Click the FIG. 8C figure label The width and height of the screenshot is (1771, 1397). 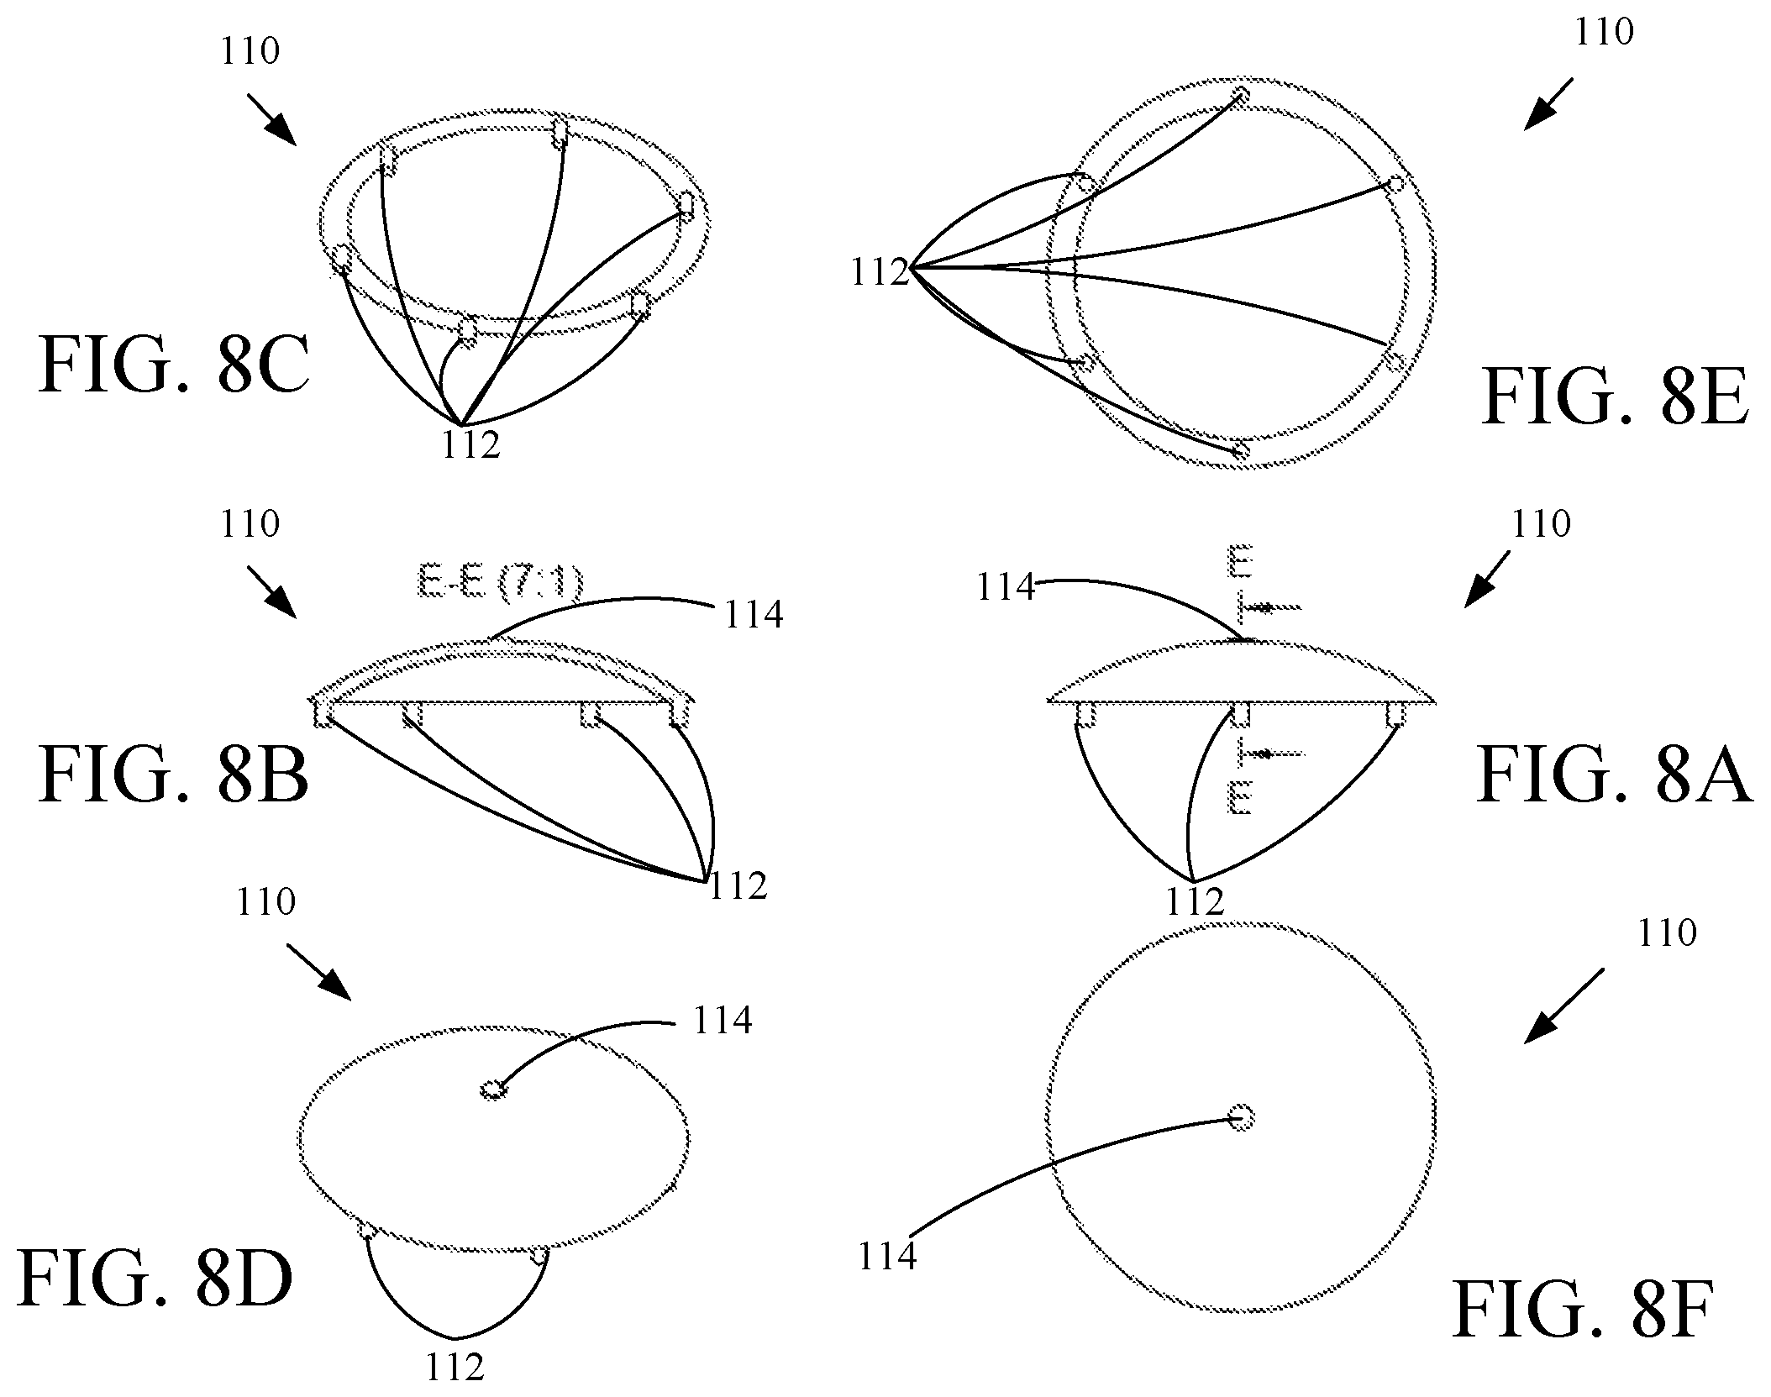point(174,365)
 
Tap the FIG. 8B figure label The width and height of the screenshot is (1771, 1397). point(174,775)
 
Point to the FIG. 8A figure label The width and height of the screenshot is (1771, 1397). point(1614,777)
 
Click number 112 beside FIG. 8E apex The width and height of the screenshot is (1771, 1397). point(880,273)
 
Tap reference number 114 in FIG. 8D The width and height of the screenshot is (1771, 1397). point(723,1021)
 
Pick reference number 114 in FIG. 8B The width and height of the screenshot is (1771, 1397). point(754,615)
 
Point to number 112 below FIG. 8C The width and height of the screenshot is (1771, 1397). point(470,444)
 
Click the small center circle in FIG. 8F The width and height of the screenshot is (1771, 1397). point(1241,1117)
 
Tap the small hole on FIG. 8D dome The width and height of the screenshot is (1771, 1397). point(493,1090)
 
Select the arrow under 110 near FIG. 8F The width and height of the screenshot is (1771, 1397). point(1563,1006)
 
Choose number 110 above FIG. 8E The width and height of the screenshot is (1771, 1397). point(1604,33)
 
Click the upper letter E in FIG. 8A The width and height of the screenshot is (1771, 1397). point(1241,561)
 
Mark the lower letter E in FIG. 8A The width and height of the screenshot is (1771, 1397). point(1241,797)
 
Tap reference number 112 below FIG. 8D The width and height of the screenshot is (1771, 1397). point(455,1368)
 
